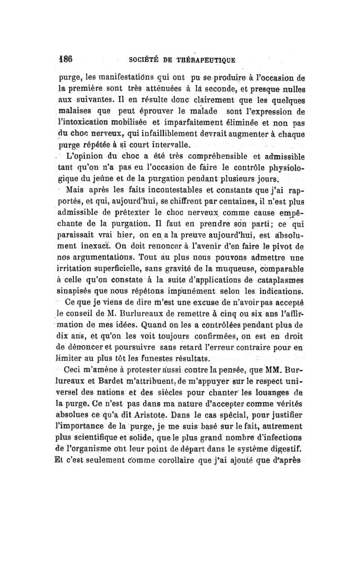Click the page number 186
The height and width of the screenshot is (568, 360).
tap(67, 58)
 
